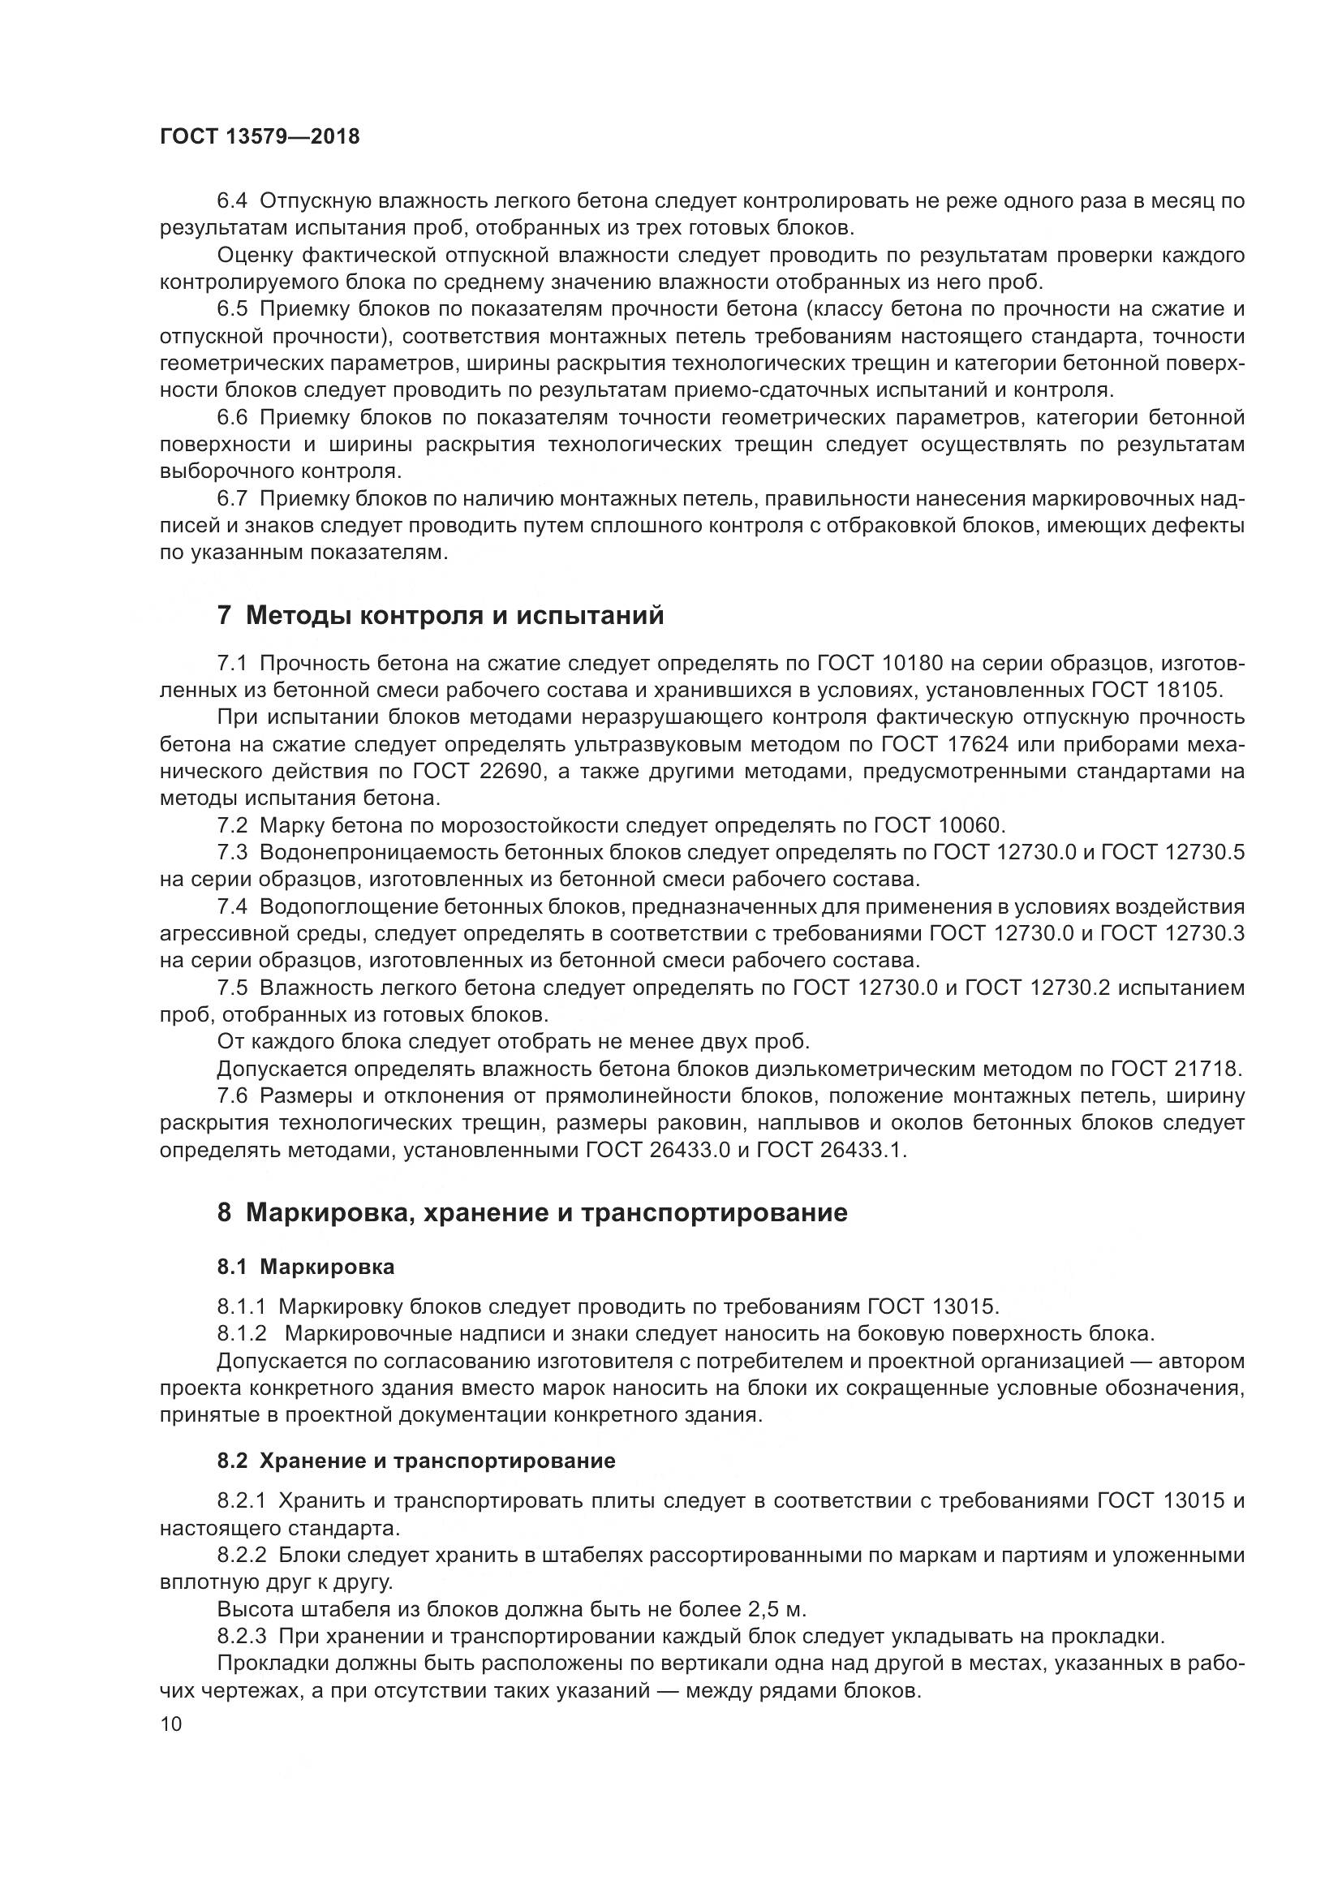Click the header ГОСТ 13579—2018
pos(260,137)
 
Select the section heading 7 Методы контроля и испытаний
pos(441,616)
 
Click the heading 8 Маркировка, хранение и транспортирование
pos(532,1212)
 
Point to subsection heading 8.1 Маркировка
pos(306,1267)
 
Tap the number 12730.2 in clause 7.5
pos(1071,988)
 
